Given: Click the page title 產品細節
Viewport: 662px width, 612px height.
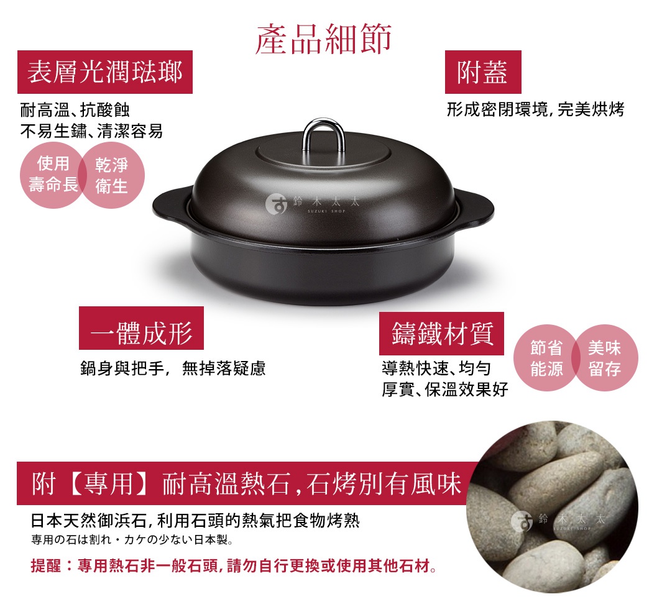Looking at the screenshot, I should click(x=324, y=39).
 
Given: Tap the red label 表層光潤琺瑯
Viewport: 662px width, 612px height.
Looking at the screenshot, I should click(x=105, y=73).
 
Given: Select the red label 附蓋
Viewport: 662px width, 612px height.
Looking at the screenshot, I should click(x=483, y=73).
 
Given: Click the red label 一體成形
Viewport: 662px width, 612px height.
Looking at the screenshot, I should click(x=141, y=334).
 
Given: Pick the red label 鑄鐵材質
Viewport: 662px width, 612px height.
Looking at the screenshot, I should click(x=442, y=334).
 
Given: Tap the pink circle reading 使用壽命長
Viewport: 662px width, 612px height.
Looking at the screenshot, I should click(x=53, y=175).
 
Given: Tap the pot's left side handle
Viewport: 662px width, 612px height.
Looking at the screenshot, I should click(x=169, y=204).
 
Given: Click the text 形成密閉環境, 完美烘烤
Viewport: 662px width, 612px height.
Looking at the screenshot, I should click(x=535, y=110).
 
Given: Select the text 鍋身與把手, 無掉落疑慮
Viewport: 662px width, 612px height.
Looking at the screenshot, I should click(x=173, y=369).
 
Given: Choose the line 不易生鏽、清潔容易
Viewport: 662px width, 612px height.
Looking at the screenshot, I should click(x=91, y=131).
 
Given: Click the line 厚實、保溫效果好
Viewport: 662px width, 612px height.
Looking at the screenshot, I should click(x=444, y=390).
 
